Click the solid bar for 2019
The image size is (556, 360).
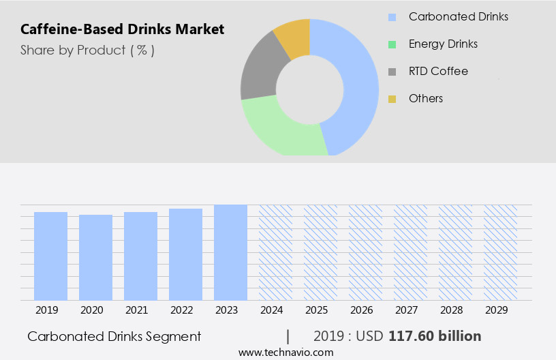pyautogui.click(x=50, y=256)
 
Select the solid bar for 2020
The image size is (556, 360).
pyautogui.click(x=95, y=257)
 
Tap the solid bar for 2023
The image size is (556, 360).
pyautogui.click(x=230, y=252)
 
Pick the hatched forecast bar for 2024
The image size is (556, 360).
pyautogui.click(x=275, y=252)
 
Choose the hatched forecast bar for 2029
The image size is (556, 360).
pyautogui.click(x=500, y=252)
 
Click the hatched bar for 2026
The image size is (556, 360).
pyautogui.click(x=365, y=252)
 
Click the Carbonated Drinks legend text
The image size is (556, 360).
pyautogui.click(x=458, y=16)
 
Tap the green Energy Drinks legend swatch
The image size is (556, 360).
pyautogui.click(x=392, y=44)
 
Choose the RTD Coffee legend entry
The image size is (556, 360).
pyautogui.click(x=438, y=71)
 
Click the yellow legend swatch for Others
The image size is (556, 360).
pyautogui.click(x=392, y=99)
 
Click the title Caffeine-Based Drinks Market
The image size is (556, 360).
pyautogui.click(x=122, y=29)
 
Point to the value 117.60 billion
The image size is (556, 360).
pyautogui.click(x=435, y=336)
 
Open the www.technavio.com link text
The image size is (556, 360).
pyautogui.click(x=285, y=352)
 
